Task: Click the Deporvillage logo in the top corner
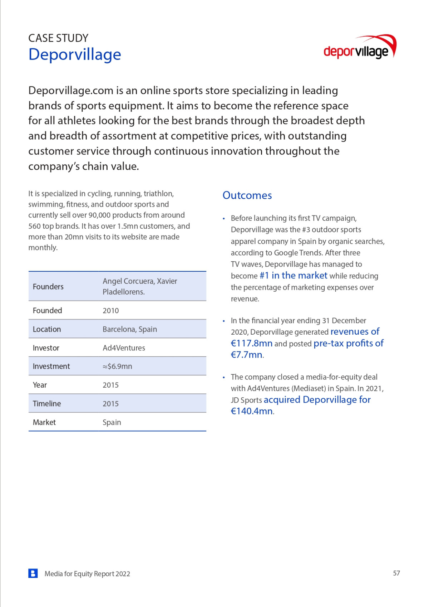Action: point(359,47)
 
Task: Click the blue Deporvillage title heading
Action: point(75,55)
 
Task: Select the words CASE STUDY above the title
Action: point(58,38)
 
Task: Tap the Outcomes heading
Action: point(247,195)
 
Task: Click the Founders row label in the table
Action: point(48,287)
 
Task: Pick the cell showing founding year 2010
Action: point(111,311)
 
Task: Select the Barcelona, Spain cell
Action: point(130,329)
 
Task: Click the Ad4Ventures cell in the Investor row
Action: point(124,348)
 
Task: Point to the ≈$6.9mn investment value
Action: point(117,366)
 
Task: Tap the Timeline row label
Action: point(47,404)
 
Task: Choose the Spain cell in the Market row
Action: point(112,422)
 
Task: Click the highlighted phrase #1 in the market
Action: point(293,276)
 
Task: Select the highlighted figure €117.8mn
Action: point(252,344)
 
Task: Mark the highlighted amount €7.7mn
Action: point(247,355)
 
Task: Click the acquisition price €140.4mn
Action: point(252,411)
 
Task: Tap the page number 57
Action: point(396,573)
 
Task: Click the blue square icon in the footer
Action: point(33,573)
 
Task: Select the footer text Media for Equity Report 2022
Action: point(87,574)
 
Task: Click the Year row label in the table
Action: point(40,385)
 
